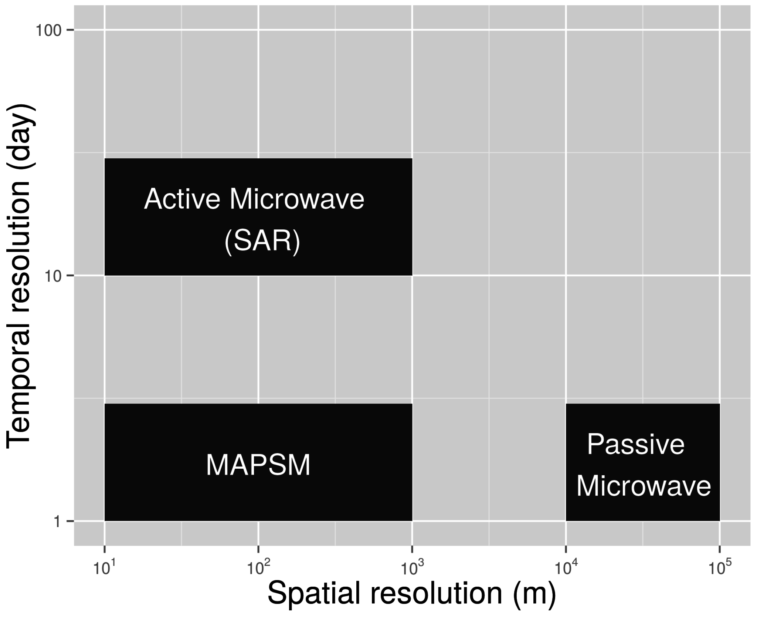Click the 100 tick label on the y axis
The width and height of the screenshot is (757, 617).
click(x=48, y=30)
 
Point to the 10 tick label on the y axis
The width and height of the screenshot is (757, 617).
click(x=52, y=276)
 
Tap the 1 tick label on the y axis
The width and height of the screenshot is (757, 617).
click(x=57, y=522)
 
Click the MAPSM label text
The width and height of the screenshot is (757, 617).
click(x=258, y=465)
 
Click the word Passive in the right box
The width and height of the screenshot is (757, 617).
click(x=636, y=444)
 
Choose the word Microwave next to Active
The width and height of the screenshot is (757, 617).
click(x=297, y=199)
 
